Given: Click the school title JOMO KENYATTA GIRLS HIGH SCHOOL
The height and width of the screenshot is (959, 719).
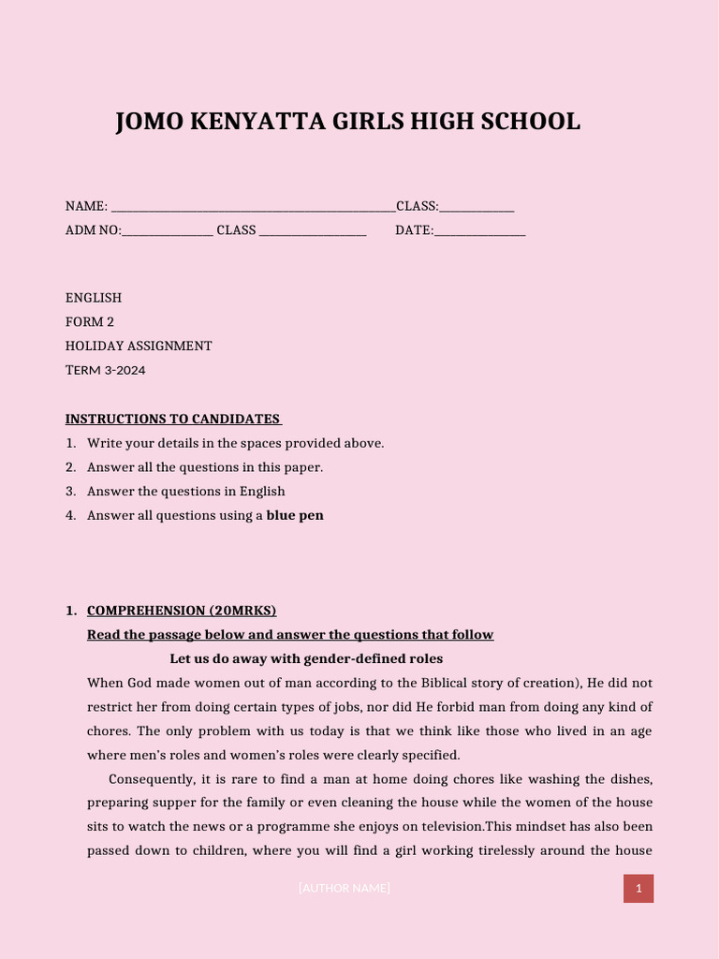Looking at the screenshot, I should point(347,122).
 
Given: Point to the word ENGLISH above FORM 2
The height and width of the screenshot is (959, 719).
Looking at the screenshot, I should point(94,298).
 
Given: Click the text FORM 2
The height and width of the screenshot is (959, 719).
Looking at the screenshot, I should point(90,322).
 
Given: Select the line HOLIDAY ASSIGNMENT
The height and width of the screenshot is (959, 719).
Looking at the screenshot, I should point(139,347).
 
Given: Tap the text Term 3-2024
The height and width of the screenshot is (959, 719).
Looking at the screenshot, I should point(106,371).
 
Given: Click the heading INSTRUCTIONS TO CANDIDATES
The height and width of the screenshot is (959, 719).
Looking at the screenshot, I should point(173,419).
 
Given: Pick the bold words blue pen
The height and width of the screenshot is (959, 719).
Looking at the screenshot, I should point(295,515).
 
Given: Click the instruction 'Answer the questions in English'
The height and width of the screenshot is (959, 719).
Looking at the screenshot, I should point(186,492).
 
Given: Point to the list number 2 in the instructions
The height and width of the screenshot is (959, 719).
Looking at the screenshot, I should point(70,467).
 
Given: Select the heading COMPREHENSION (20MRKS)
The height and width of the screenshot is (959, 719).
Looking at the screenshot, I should point(182,611).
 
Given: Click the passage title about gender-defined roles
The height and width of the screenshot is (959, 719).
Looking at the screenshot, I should point(306,659).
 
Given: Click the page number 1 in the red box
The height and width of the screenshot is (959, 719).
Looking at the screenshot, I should point(638,889).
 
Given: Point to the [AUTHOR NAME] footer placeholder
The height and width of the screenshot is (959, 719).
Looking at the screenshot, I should point(345,889).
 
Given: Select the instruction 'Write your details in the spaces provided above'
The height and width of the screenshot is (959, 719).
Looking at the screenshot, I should point(235,443).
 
